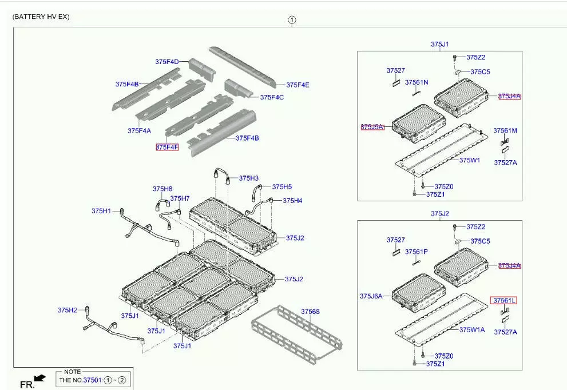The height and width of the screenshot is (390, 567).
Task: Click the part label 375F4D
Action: click(167, 62)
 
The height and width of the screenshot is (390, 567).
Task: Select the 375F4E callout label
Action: click(298, 85)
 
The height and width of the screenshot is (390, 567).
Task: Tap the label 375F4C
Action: click(272, 97)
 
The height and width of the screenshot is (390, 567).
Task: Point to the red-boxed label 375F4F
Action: click(167, 147)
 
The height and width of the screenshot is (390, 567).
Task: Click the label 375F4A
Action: click(139, 130)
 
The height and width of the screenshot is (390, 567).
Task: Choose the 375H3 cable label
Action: click(249, 178)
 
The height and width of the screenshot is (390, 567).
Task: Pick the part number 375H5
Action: click(281, 186)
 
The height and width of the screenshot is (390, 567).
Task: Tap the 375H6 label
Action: click(162, 189)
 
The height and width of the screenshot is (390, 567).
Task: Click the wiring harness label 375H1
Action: click(101, 211)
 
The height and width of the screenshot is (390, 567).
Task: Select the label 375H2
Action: click(67, 310)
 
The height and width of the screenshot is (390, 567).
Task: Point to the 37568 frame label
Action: click(310, 312)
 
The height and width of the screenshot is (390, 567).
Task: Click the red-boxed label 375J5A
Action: click(372, 126)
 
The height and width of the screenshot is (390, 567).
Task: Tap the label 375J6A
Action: click(371, 296)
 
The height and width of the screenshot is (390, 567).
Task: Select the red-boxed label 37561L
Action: click(504, 300)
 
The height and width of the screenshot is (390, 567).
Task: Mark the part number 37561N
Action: click(417, 82)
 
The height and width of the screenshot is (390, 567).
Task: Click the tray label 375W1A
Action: click(472, 329)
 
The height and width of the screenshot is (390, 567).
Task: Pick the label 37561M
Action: click(505, 130)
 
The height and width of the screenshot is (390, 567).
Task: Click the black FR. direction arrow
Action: click(39, 377)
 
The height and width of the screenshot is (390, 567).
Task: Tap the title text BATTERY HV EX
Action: click(41, 17)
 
